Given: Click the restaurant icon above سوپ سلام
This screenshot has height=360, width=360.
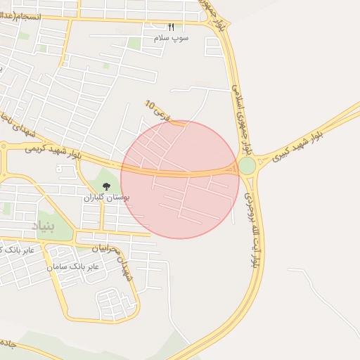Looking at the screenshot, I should pos(171,27).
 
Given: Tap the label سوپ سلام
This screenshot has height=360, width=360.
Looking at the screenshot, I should pos(171,38).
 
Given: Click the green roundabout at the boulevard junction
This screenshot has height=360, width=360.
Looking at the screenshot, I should pos(247,166).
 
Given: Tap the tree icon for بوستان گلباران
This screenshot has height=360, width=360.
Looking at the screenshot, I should pos(106,186).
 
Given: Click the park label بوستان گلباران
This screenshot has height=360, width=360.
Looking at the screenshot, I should pos(103,198).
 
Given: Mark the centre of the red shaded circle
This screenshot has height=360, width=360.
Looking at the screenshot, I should pos(180,179).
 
